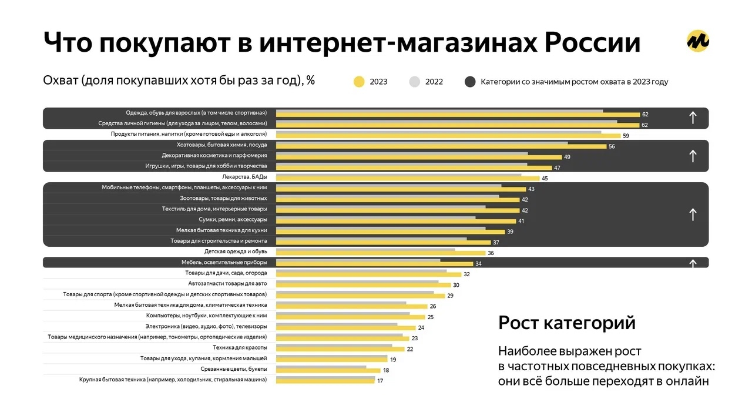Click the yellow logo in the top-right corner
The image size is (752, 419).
(x=698, y=41)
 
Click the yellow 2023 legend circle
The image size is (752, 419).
(x=358, y=82)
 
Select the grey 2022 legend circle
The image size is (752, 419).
(x=415, y=82)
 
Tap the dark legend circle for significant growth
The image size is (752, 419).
(x=470, y=82)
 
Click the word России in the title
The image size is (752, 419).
(x=593, y=43)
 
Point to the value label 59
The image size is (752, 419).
(x=626, y=136)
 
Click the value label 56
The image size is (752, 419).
(x=612, y=146)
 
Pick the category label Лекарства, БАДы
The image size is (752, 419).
(x=244, y=177)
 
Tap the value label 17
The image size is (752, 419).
(x=381, y=381)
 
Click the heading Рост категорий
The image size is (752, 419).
(x=567, y=323)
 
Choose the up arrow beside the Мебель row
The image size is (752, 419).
(x=693, y=263)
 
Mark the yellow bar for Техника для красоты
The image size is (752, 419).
(x=340, y=349)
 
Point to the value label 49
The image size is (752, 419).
(x=567, y=157)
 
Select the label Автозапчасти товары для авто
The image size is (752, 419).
(x=224, y=284)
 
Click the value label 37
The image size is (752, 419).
(x=496, y=242)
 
